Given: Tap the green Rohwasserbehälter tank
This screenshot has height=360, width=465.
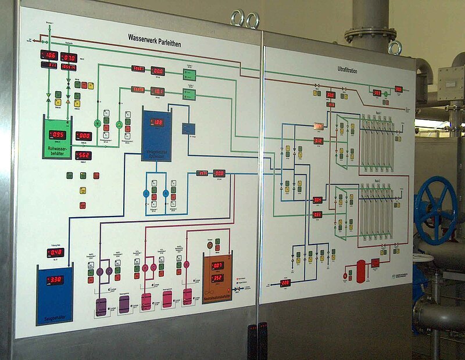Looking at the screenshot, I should point(56,138).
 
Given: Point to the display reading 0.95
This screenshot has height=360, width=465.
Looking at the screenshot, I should point(57,134).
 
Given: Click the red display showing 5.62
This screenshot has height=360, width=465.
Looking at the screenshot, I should point(83,155).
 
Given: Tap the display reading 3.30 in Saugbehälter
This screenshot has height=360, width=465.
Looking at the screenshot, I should point(55,280).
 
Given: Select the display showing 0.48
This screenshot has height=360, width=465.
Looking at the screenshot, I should point(55,253).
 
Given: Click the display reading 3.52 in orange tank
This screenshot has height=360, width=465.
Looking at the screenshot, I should point(217,278).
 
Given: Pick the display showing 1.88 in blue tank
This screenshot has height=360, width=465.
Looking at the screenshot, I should point(157,123).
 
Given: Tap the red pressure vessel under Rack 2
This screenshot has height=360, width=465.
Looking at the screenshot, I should point(361,271).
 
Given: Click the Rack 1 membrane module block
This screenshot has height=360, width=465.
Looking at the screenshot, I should point(377,143).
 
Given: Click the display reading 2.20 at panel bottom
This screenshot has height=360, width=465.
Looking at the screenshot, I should point(285,283).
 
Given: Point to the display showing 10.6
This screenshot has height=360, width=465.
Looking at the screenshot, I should point(49,55).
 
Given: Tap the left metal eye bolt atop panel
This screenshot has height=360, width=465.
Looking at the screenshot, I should point(237,19).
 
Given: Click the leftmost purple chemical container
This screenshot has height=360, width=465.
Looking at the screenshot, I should point(101,307).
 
